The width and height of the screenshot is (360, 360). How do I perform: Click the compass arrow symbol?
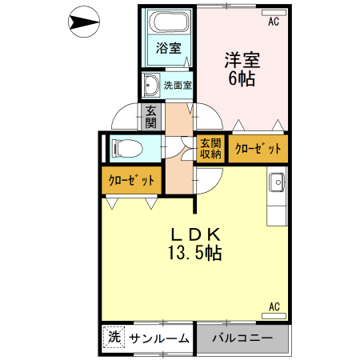coord(83,22)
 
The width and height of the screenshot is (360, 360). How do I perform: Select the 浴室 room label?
coord(169,46)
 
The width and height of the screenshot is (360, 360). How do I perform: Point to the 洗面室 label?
coord(178,85)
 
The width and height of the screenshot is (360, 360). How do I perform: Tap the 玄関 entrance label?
coord(150,117)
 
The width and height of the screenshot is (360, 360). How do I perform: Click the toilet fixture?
coord(126,148)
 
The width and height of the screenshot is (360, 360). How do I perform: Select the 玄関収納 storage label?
coord(210,149)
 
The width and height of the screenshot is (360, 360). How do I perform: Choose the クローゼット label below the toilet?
coord(131,181)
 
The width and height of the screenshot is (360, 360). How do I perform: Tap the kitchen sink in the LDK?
coord(277,182)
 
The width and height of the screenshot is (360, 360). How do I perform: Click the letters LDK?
coord(194,234)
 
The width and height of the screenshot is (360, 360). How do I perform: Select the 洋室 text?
coord(242,59)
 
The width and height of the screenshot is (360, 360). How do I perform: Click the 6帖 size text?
coord(242,78)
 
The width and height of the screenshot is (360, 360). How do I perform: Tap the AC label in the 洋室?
coord(274,22)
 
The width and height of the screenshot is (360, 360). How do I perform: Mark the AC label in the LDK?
coord(274,306)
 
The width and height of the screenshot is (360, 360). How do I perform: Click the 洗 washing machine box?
coord(114,338)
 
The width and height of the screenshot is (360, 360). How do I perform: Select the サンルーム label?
coord(159,338)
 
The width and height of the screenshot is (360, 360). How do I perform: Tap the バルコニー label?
coord(242,338)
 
